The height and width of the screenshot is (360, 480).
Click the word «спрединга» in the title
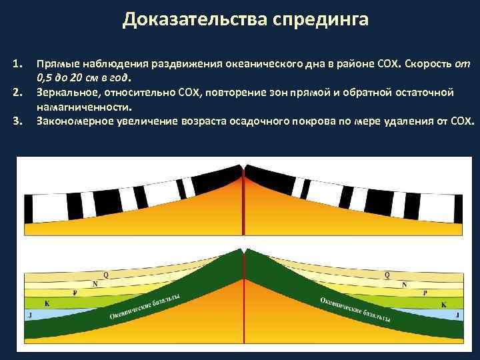320,20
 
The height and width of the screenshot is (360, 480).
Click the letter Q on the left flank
105,275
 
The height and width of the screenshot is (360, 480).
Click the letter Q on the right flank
388,275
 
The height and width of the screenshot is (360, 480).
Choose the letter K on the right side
443,304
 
